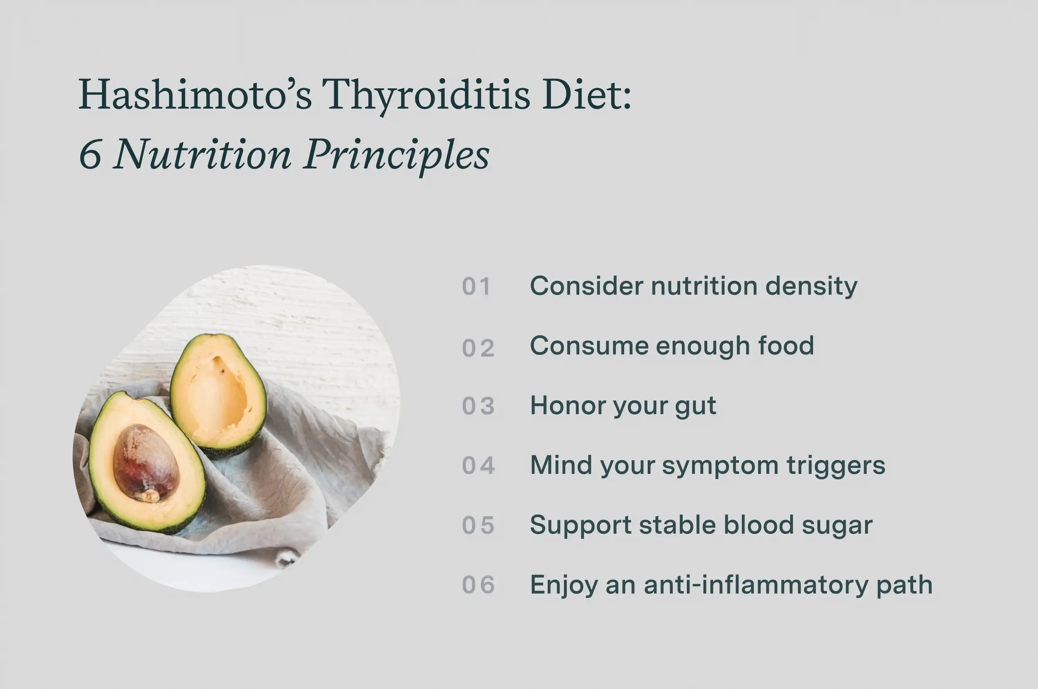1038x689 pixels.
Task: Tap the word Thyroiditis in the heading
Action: click(x=425, y=95)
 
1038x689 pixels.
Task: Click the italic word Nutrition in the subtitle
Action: click(x=202, y=154)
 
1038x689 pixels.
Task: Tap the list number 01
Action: click(x=476, y=286)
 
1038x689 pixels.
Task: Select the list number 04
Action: click(x=478, y=465)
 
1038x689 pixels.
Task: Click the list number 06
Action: click(x=478, y=585)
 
